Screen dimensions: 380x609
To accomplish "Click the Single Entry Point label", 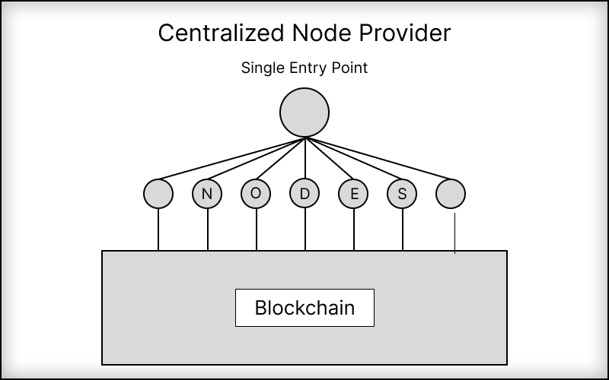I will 304,68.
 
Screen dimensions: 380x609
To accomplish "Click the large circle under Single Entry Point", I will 304,113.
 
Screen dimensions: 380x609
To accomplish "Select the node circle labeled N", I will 207,194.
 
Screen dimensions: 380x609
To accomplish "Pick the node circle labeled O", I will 256,194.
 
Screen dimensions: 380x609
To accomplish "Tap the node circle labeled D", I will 304,194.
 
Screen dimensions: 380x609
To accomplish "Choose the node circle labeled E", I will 353,194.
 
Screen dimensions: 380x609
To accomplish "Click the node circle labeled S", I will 402,194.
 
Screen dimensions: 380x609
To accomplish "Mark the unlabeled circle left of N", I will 158,194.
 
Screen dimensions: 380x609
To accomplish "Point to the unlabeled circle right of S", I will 451,194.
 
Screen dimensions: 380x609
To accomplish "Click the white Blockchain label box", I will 304,308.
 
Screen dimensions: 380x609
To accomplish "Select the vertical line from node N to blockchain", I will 207,230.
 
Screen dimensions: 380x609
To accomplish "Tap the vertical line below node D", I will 305,230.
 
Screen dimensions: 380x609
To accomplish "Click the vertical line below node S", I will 403,230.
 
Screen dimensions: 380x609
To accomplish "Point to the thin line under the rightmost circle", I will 455,234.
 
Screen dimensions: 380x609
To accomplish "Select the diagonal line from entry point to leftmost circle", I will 228,161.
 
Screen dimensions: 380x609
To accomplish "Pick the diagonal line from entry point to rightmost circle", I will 381,161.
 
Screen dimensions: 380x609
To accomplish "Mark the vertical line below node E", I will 354,230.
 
